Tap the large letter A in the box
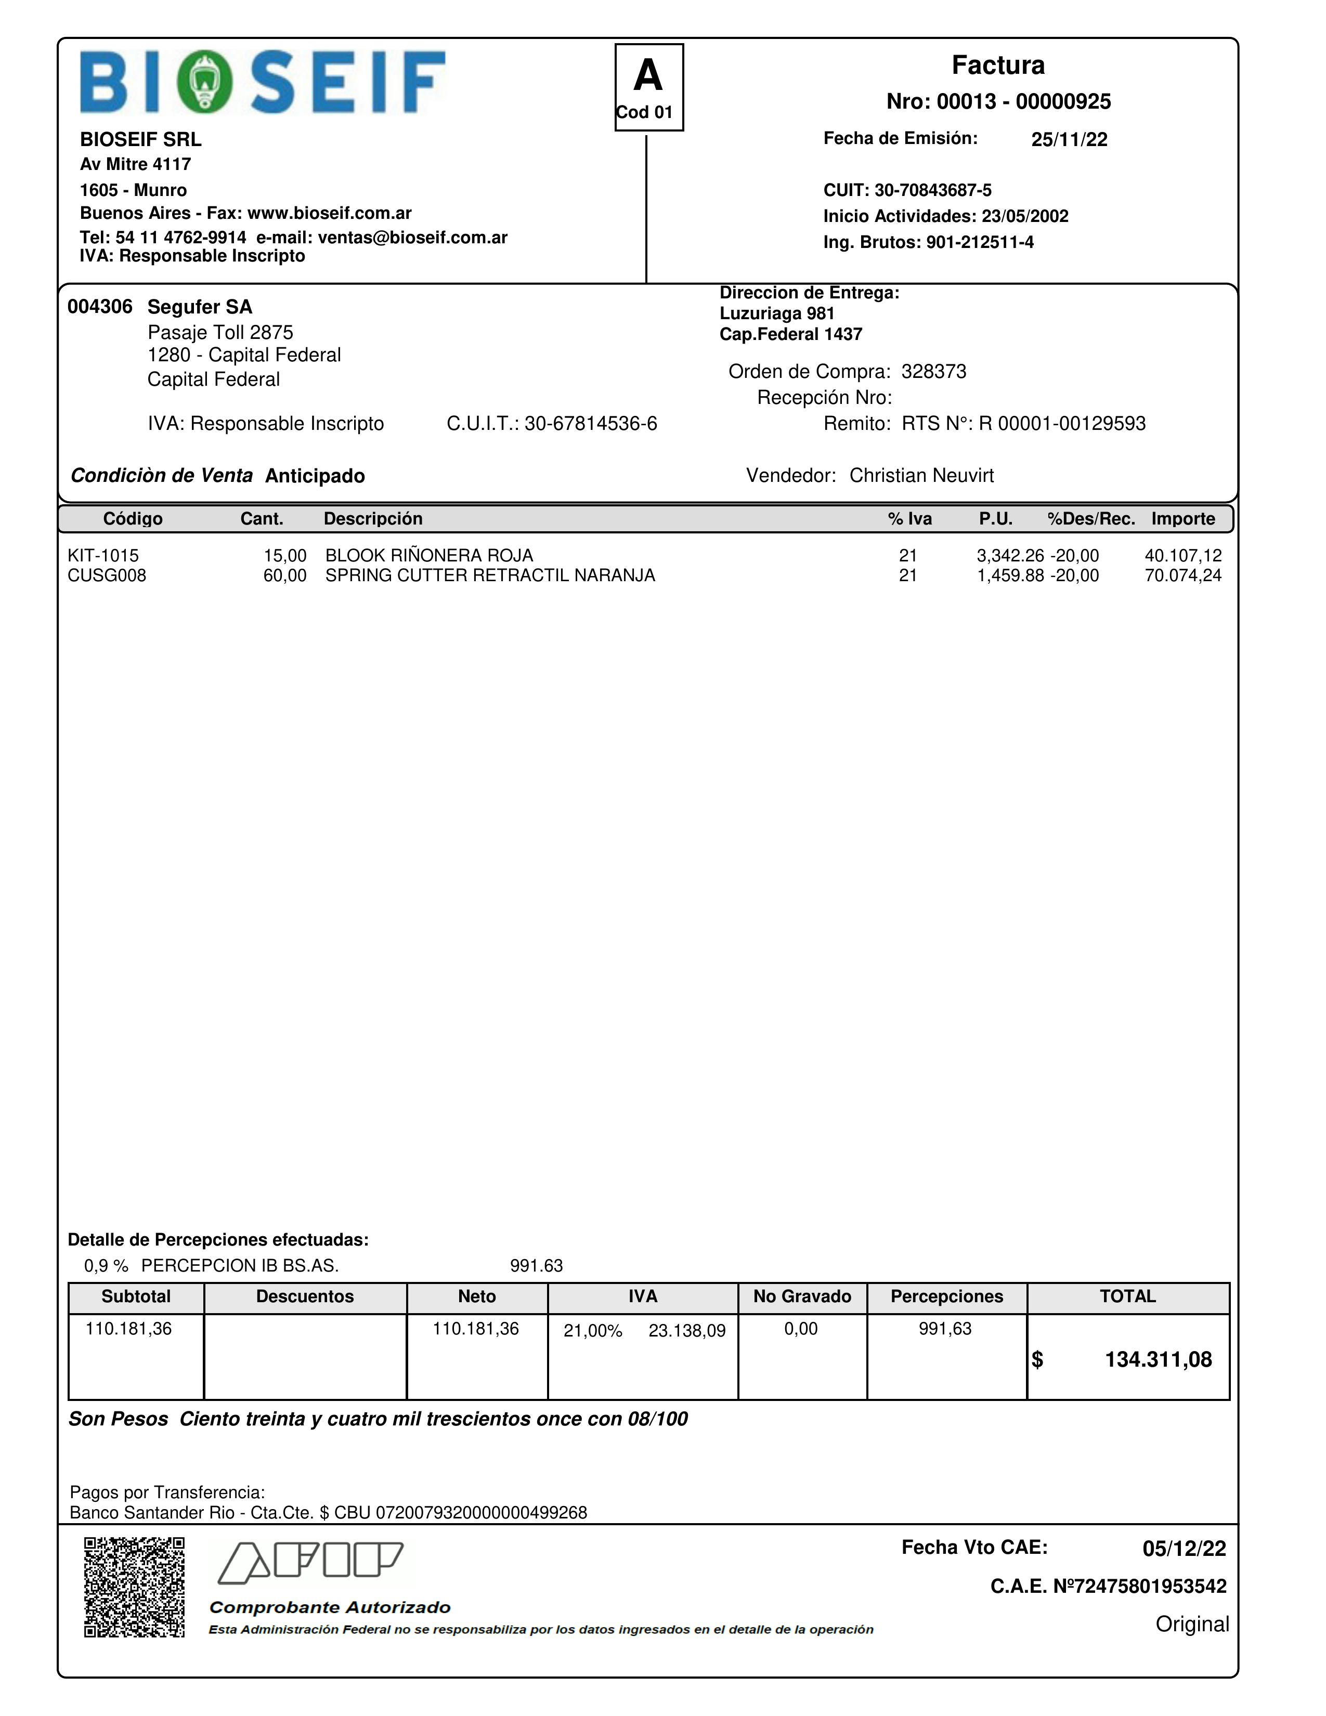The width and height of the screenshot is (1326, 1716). [648, 76]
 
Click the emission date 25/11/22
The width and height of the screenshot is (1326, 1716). [1069, 140]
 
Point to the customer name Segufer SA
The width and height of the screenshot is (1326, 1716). [200, 307]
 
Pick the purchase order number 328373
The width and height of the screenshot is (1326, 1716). [934, 372]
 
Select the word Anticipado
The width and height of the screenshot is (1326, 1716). [315, 476]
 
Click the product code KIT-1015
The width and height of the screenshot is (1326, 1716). [103, 556]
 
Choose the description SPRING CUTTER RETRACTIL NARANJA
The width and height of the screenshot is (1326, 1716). [490, 576]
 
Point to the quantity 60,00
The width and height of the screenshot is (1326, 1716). [284, 576]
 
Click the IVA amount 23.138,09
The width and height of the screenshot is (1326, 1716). [687, 1331]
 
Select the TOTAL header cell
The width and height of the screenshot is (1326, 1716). [1127, 1296]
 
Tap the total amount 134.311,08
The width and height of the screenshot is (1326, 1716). [1158, 1360]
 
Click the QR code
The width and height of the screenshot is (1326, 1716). [134, 1587]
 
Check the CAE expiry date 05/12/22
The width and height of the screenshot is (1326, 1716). [1184, 1549]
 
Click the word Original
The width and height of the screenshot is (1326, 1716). [1192, 1624]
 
